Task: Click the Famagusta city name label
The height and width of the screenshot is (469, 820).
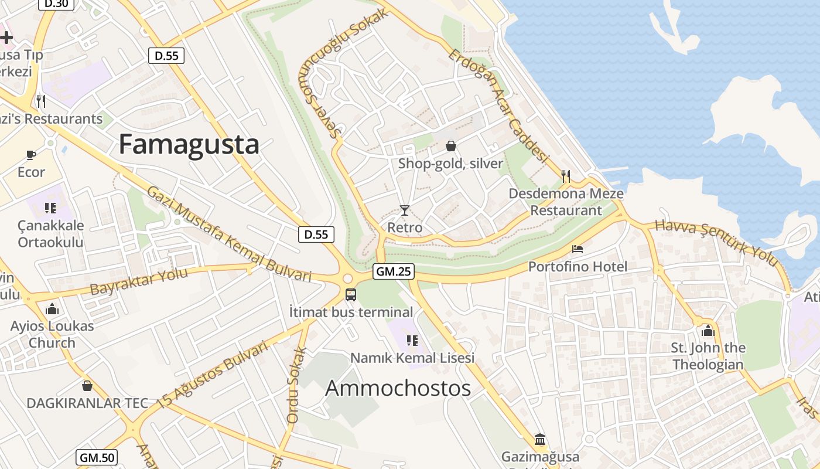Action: coord(189,144)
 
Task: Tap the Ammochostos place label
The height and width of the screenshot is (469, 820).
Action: coord(398,388)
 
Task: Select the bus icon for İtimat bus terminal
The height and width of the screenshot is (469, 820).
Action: coord(350,295)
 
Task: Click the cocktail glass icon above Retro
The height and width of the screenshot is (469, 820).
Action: coord(404,210)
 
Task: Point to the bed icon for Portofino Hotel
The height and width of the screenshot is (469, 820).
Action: coord(578,249)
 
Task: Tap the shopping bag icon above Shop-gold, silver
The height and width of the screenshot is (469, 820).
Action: coord(450,146)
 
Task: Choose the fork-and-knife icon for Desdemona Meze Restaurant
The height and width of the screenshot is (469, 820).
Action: coord(566,176)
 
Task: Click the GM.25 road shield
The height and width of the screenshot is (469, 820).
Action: coord(394,271)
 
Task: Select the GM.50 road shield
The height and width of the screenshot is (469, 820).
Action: coord(97,457)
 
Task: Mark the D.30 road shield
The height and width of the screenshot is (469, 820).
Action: coord(56,4)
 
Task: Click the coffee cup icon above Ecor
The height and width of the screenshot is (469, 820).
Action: coord(31,155)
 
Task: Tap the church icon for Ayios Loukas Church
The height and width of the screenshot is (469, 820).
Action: coord(52,308)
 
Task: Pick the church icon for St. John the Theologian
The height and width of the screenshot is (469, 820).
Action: coord(708,331)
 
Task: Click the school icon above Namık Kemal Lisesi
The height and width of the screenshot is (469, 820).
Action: coord(412,340)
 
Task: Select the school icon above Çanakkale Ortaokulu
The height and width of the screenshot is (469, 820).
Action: coord(50,208)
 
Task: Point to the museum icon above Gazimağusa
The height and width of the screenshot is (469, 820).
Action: coord(540,439)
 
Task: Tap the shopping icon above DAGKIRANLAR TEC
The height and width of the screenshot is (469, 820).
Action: coord(87,386)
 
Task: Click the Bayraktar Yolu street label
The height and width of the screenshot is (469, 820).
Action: coord(139,281)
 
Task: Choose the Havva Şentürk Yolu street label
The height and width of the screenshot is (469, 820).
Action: coord(715,242)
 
